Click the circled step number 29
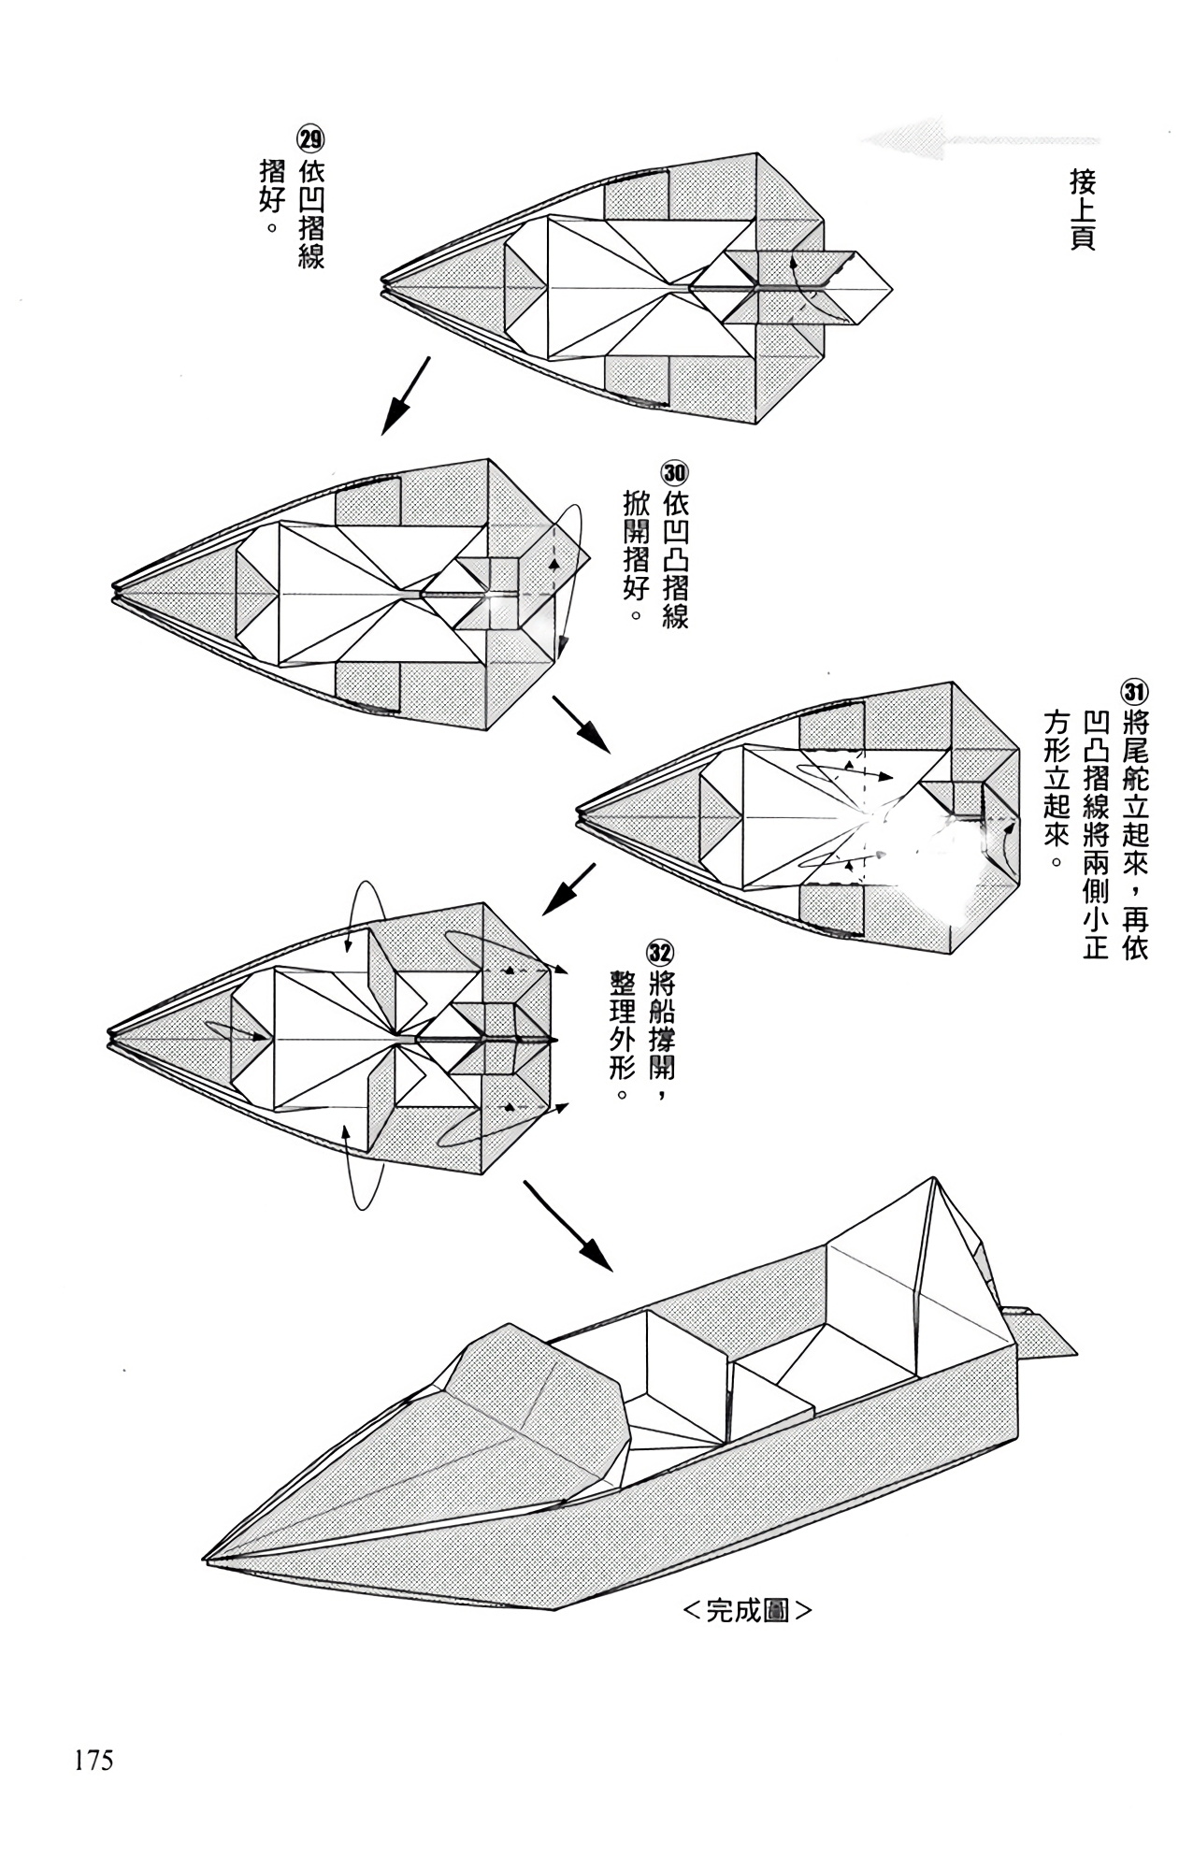tap(310, 141)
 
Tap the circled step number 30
tap(674, 470)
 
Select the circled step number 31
tap(1134, 693)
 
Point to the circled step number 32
tap(660, 952)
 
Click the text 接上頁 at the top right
tap(1083, 209)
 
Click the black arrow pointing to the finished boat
tap(568, 1226)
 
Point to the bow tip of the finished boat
tap(206, 1558)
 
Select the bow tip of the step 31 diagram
tap(579, 816)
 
